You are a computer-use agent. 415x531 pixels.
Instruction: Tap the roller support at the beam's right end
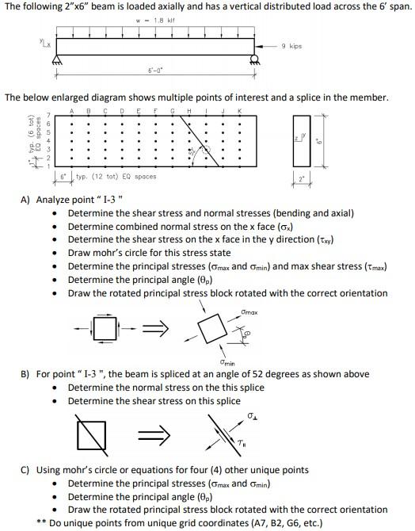point(254,61)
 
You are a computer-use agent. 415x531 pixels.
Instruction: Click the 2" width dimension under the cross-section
point(303,178)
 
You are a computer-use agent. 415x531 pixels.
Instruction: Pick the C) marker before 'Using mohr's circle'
point(26,470)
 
